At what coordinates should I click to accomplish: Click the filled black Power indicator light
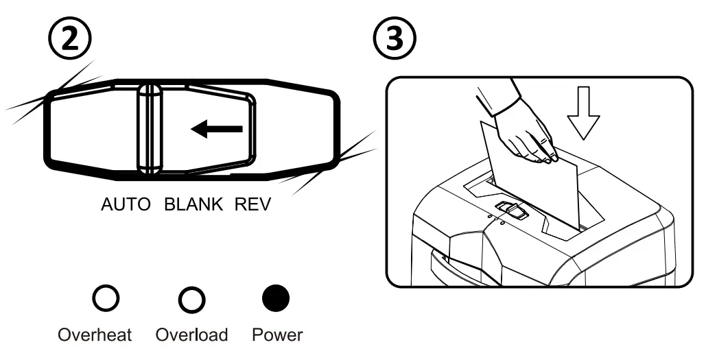click(277, 298)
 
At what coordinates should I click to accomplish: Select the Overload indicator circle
click(191, 298)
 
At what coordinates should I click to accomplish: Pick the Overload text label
click(191, 336)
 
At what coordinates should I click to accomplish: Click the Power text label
click(277, 336)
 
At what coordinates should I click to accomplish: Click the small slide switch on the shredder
click(510, 210)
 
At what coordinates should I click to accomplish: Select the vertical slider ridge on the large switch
click(148, 129)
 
